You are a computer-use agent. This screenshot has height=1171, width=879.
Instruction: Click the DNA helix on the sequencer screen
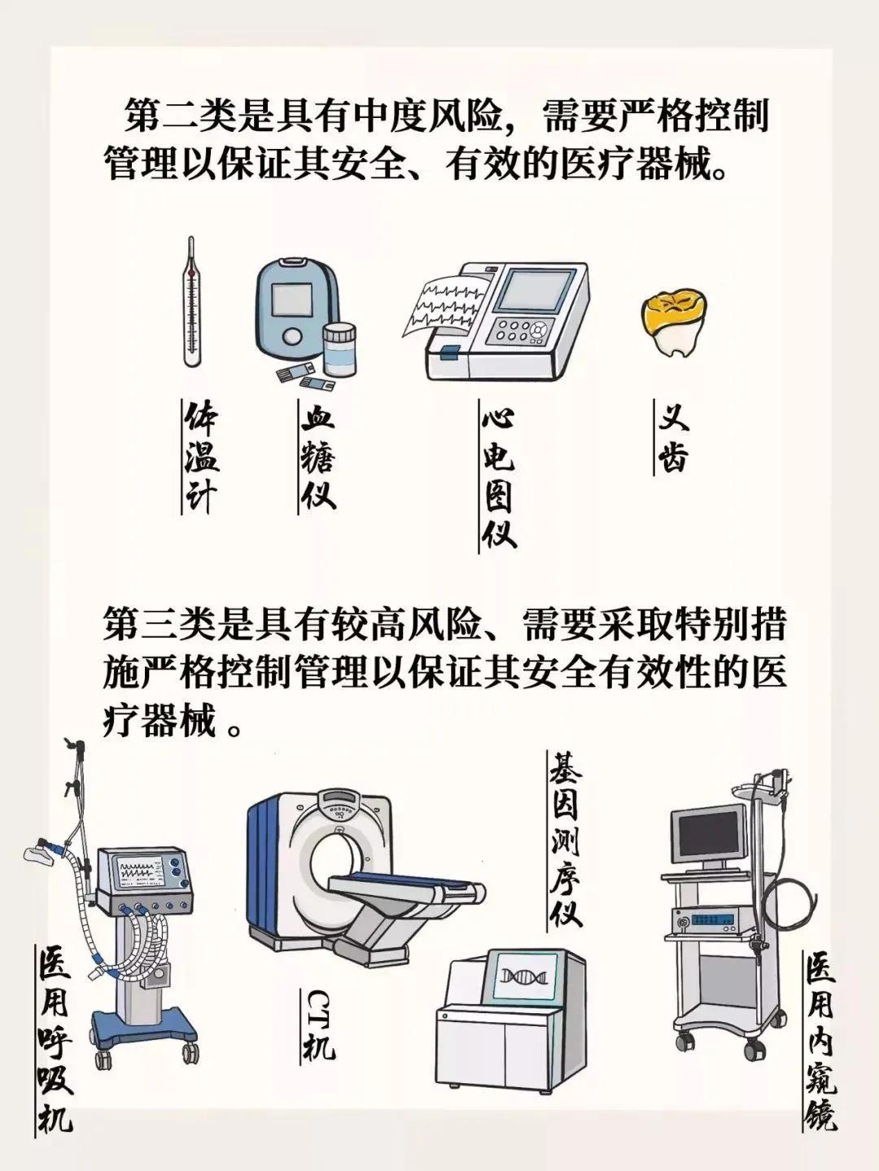520,977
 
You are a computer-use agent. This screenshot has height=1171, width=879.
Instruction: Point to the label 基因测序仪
565,839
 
